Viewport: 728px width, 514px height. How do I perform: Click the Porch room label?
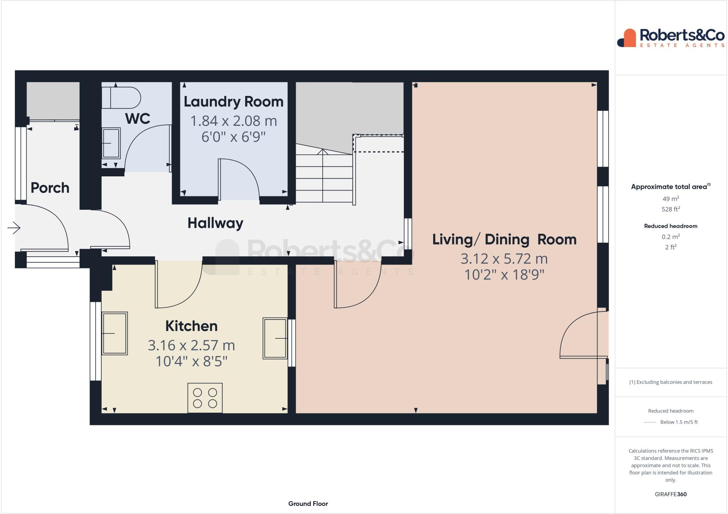(50, 188)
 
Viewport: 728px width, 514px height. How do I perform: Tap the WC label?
(138, 119)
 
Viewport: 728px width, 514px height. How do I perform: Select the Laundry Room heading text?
(233, 102)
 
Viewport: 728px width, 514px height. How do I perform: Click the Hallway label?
(215, 223)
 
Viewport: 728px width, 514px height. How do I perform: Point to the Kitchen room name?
(191, 326)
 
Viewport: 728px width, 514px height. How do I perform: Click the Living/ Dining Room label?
(504, 240)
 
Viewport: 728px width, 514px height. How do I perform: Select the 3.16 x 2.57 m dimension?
(191, 345)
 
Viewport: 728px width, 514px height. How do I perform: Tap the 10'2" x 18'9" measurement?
(504, 275)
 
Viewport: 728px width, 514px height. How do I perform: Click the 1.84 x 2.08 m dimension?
(233, 121)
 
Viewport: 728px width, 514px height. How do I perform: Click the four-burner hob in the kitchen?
(205, 398)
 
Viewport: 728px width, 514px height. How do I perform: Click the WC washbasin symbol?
(111, 143)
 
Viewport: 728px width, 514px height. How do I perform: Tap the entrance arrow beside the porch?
(14, 228)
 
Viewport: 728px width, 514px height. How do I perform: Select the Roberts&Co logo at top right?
(670, 38)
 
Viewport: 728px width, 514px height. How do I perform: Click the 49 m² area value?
(670, 199)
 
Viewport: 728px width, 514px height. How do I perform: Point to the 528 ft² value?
(670, 209)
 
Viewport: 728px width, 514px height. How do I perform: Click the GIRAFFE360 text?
(670, 494)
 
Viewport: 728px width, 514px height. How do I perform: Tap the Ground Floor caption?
(308, 504)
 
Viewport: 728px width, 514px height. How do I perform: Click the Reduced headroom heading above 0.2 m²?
(670, 226)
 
